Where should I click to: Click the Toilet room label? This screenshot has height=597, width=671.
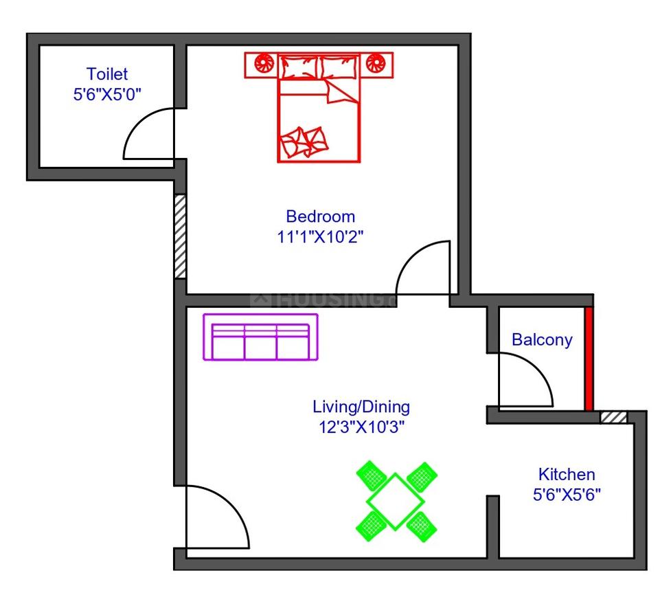point(107,74)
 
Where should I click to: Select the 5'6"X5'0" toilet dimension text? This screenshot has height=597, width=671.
point(107,94)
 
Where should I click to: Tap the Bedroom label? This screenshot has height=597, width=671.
point(321,216)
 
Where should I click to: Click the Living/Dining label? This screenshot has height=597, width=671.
point(361,406)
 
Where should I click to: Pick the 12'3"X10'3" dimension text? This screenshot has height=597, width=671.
point(361,427)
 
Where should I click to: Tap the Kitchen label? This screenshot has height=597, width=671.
point(566,474)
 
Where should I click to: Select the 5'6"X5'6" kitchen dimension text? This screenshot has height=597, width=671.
point(567,494)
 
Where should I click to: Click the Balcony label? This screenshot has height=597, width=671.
point(542,339)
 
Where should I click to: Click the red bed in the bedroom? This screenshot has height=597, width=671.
point(319,120)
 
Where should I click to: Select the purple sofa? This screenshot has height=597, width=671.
point(260,337)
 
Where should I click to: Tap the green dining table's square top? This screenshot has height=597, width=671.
point(396,501)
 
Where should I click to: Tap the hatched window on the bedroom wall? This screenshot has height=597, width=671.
point(180,236)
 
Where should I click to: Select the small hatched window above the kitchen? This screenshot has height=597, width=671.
point(613,417)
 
